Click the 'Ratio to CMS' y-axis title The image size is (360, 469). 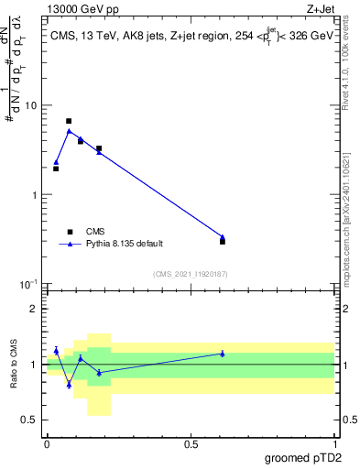click(16, 364)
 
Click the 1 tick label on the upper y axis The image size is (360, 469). click(35, 195)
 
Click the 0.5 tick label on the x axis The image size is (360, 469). click(191, 444)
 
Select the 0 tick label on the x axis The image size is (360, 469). click(46, 444)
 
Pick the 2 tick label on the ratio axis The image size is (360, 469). click(35, 309)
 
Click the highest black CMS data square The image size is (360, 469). click(69, 121)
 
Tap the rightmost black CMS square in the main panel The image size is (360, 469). click(223, 242)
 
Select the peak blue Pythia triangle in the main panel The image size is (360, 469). click(69, 131)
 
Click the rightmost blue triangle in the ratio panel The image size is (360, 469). click(223, 353)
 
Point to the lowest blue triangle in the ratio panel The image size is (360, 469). click(69, 384)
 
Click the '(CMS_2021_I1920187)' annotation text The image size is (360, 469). click(190, 274)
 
